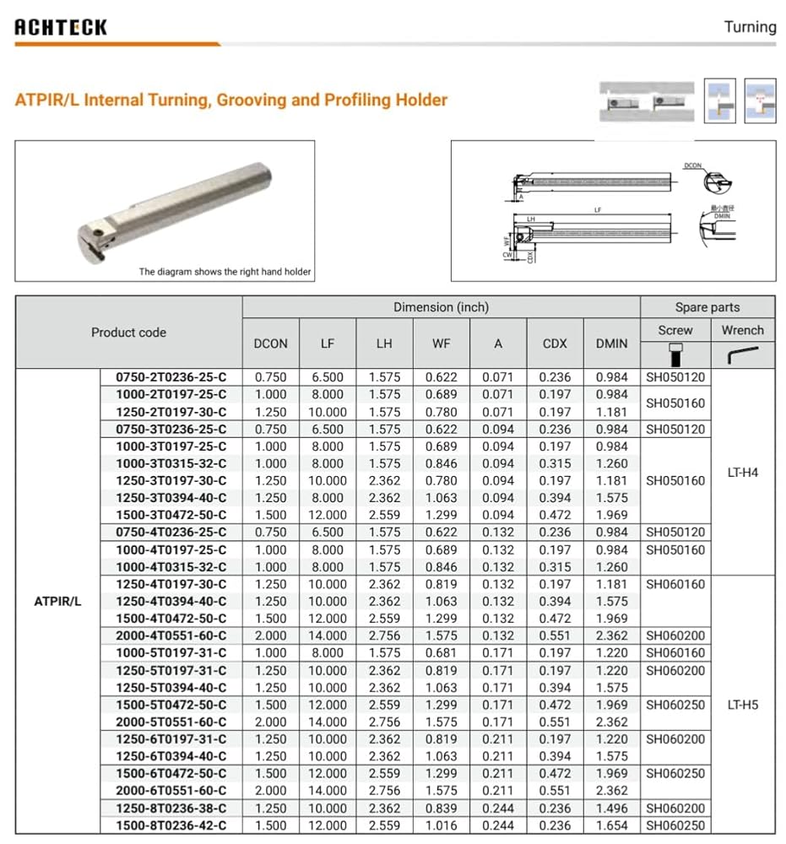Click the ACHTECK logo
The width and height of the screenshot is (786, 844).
pyautogui.click(x=61, y=27)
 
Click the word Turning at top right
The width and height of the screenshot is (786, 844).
pyautogui.click(x=750, y=27)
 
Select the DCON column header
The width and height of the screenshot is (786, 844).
pyautogui.click(x=271, y=344)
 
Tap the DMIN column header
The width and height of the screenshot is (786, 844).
pyautogui.click(x=611, y=344)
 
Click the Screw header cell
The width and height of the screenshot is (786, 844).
pyautogui.click(x=675, y=330)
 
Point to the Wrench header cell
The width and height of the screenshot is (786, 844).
pyautogui.click(x=742, y=330)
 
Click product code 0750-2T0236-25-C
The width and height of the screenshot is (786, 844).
pyautogui.click(x=171, y=377)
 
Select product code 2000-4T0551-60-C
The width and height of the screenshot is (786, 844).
pyautogui.click(x=171, y=636)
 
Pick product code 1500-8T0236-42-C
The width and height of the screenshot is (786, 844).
pyautogui.click(x=171, y=825)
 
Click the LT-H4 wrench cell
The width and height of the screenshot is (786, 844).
pyautogui.click(x=742, y=473)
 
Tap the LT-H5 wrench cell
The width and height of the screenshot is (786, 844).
pyautogui.click(x=742, y=705)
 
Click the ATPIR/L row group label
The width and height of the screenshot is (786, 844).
pyautogui.click(x=57, y=602)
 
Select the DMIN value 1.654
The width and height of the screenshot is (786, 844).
pyautogui.click(x=611, y=825)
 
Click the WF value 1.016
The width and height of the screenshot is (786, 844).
pyautogui.click(x=441, y=825)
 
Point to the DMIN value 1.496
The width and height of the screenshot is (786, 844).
pyautogui.click(x=611, y=809)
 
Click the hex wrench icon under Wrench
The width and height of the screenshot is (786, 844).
pyautogui.click(x=742, y=354)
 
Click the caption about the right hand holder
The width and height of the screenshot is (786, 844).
pyautogui.click(x=225, y=272)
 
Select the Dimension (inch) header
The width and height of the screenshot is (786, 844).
pyautogui.click(x=441, y=307)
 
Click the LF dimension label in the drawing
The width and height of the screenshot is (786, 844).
pyautogui.click(x=598, y=210)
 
